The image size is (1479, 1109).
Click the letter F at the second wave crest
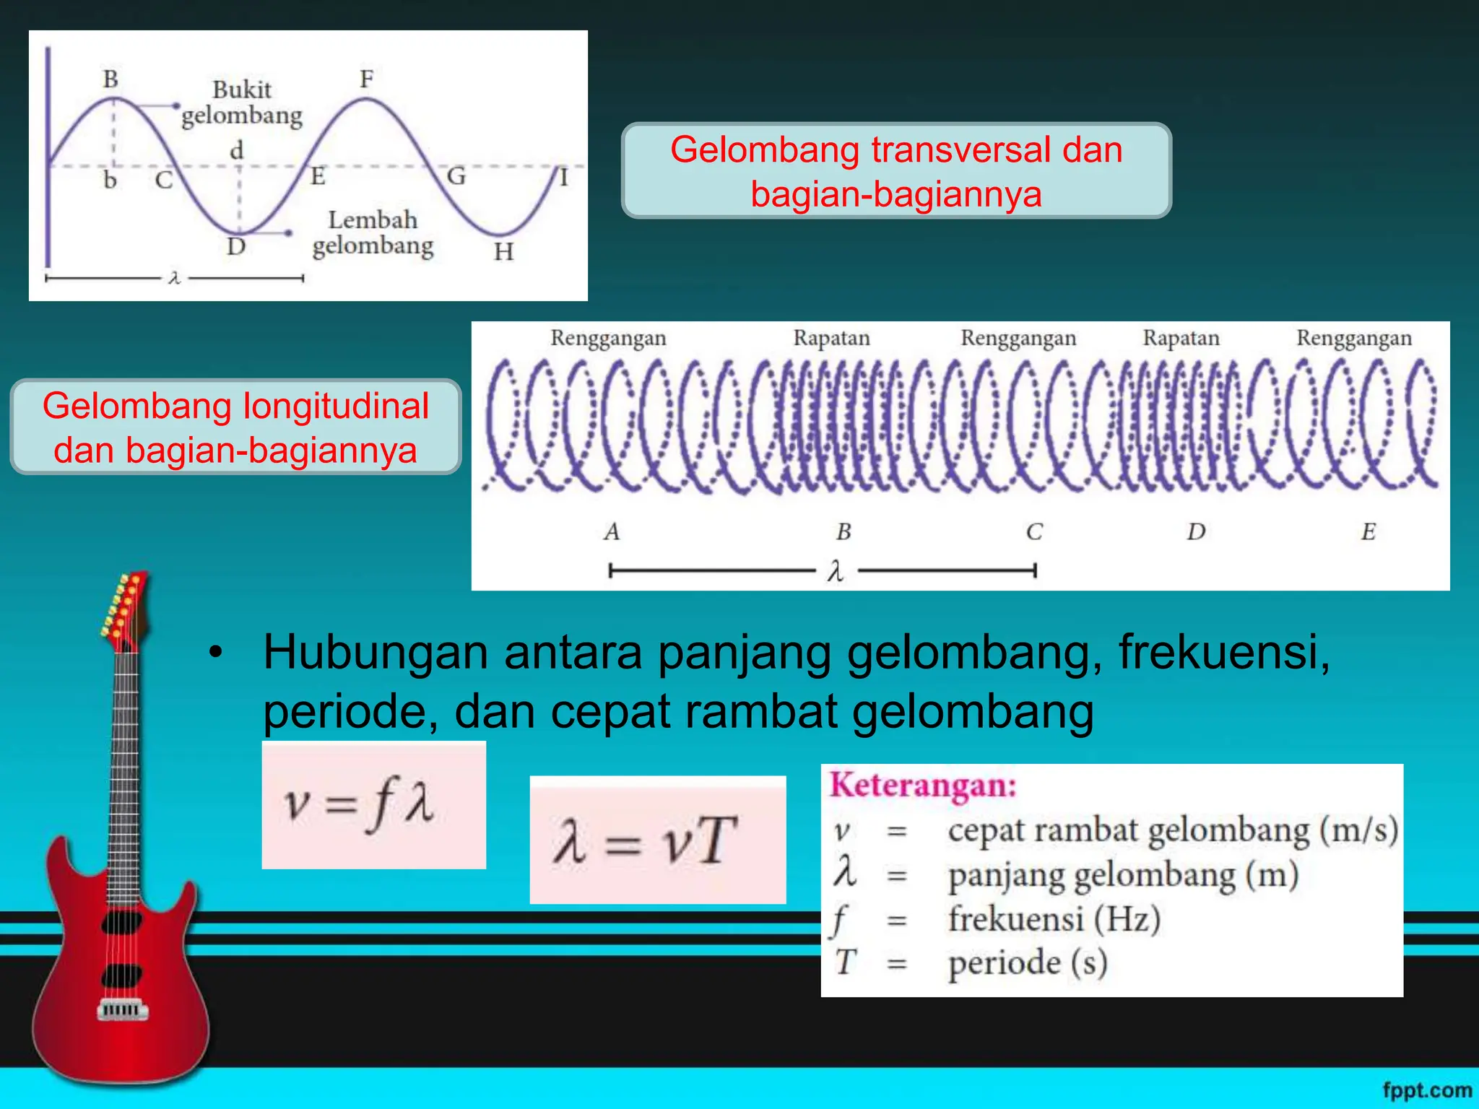click(x=367, y=78)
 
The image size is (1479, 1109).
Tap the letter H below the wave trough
click(x=503, y=252)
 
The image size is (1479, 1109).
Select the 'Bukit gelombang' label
click(x=242, y=103)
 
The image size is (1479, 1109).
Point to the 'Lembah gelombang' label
click(x=373, y=232)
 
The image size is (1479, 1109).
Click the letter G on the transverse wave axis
click(x=456, y=175)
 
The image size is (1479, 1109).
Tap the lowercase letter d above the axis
click(x=236, y=151)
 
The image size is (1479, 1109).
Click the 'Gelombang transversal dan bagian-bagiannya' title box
click(x=896, y=171)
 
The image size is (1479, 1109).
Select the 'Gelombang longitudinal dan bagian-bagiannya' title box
click(x=235, y=427)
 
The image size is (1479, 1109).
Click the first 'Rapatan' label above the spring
click(x=831, y=338)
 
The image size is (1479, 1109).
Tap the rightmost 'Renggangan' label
click(x=1353, y=338)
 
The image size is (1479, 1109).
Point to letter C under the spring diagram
click(x=1034, y=532)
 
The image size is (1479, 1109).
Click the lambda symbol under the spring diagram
click(x=836, y=572)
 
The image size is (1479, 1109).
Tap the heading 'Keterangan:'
click(x=923, y=786)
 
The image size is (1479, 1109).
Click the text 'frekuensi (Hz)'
click(x=1054, y=919)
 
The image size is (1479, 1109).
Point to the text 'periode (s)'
click(x=1027, y=962)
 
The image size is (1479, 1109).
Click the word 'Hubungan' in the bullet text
click(x=376, y=652)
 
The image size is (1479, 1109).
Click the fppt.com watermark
click(x=1427, y=1090)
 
